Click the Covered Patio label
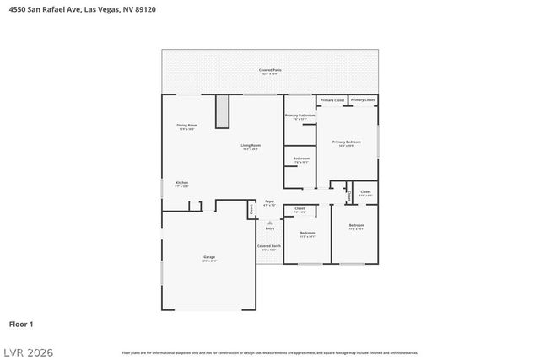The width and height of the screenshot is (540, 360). [x=270, y=70]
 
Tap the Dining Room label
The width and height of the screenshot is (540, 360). [x=186, y=125]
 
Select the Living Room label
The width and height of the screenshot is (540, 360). [x=251, y=145]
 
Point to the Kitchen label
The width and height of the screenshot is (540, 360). [x=181, y=183]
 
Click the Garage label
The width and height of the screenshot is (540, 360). [x=208, y=257]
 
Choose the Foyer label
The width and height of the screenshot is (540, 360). [x=270, y=202]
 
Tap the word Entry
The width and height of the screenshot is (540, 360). [x=270, y=228]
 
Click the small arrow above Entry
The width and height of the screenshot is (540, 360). [x=270, y=223]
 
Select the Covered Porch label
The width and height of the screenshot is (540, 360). [x=270, y=246]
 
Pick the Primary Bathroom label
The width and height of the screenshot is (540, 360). [x=300, y=116]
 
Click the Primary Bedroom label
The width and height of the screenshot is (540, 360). [x=347, y=142]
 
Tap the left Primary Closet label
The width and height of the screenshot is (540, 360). [x=332, y=100]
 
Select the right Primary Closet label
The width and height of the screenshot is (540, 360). [x=363, y=100]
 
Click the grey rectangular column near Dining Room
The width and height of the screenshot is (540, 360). [x=222, y=111]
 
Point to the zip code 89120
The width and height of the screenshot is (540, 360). [x=145, y=9]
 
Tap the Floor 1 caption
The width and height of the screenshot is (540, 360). [x=21, y=324]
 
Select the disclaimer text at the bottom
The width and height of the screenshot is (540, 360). [x=269, y=352]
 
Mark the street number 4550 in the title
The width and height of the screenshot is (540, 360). [x=18, y=9]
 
